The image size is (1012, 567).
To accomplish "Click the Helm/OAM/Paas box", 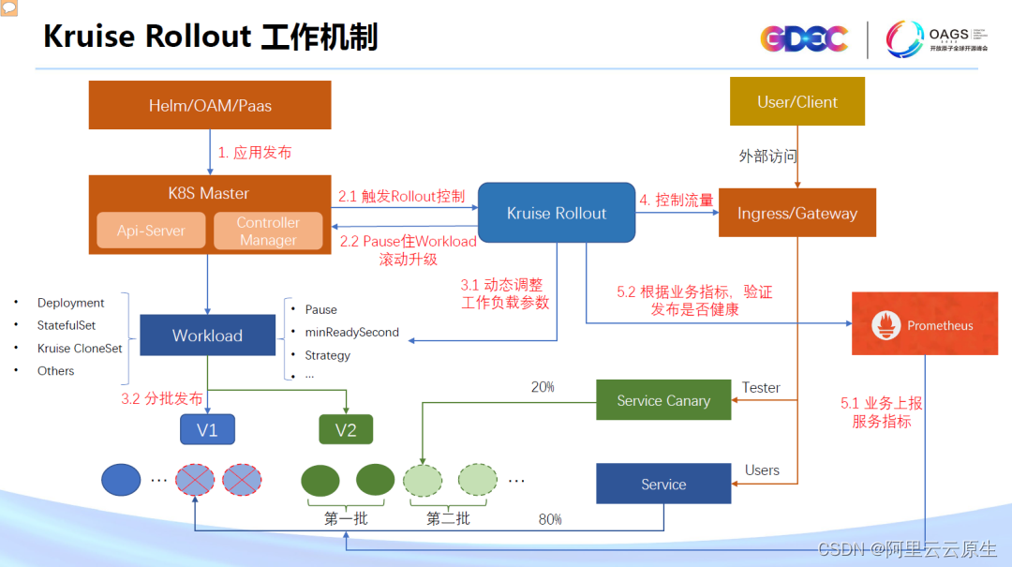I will (210, 105).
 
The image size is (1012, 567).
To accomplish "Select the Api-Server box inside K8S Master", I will (151, 231).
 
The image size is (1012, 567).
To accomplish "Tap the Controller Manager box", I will (268, 231).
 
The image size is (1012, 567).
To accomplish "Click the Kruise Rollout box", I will (557, 213).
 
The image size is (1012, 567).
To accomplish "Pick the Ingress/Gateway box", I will (796, 213).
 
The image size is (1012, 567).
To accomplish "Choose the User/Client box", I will (796, 102).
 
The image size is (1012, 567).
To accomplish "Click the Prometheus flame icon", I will (885, 326).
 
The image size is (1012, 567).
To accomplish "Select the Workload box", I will (207, 336).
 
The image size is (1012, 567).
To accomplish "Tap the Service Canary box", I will (663, 400).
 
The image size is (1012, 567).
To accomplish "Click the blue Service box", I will (663, 484).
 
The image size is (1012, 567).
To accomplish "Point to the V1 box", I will (207, 430).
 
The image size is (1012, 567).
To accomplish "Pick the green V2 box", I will (346, 430).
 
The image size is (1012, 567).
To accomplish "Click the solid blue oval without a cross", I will (121, 479).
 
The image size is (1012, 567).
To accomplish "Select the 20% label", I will (543, 386).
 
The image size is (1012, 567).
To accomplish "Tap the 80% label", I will (550, 518).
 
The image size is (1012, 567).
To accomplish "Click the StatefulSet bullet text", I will (67, 325).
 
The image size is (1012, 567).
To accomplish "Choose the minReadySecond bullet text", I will (351, 332).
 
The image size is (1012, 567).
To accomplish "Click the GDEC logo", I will (804, 38).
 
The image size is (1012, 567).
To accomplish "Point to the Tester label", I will (761, 387).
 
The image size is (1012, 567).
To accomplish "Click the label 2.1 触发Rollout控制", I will (401, 196).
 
